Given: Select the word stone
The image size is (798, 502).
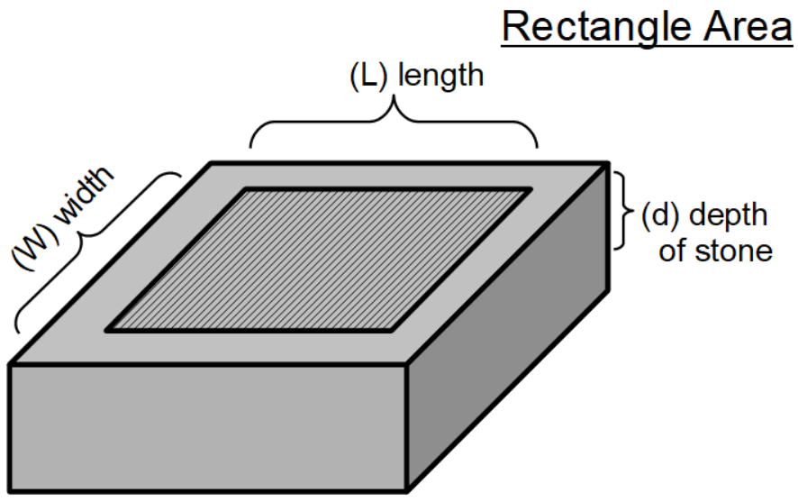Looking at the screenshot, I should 737,250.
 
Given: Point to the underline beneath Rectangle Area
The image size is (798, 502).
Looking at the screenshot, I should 646,44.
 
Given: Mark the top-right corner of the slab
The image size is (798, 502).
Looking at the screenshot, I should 609,164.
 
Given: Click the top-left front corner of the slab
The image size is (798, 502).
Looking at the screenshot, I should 11,365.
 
